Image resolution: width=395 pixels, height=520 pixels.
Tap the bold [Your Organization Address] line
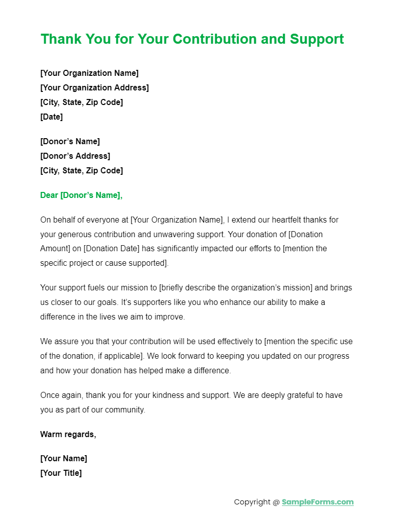[94, 87]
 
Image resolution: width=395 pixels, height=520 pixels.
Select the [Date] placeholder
[51, 117]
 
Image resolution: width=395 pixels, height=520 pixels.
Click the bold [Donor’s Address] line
[75, 156]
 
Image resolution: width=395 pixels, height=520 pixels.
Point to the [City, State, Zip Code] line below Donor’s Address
[81, 170]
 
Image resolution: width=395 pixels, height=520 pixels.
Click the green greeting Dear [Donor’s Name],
[81, 195]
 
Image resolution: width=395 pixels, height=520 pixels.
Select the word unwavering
[196, 234]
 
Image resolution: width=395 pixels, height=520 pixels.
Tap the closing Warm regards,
[68, 434]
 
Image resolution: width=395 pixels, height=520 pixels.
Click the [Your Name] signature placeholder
[63, 458]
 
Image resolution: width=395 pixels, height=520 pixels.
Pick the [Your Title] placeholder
[61, 473]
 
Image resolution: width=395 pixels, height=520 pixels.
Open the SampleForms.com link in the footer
[318, 502]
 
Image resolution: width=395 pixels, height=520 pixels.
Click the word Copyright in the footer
[252, 502]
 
